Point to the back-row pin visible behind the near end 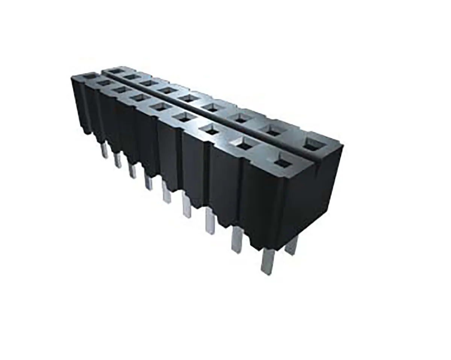(291, 246)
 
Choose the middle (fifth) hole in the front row (162, 107)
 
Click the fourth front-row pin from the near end (186, 205)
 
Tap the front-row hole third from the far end (121, 90)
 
